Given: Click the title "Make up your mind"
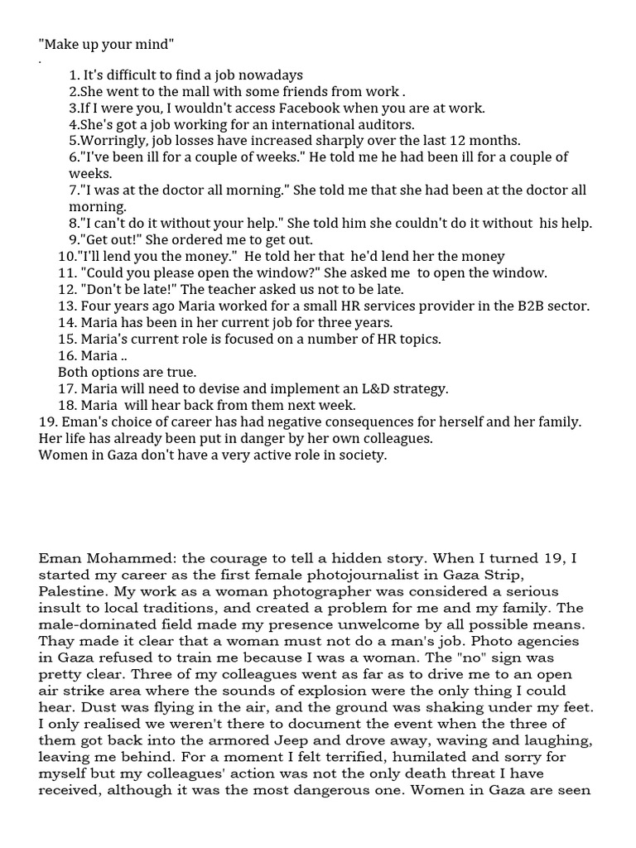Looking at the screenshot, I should tap(107, 43).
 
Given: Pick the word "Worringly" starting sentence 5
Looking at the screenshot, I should tap(111, 141).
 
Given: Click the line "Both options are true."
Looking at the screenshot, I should tap(127, 373).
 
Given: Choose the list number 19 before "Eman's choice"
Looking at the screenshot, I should tap(47, 422).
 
